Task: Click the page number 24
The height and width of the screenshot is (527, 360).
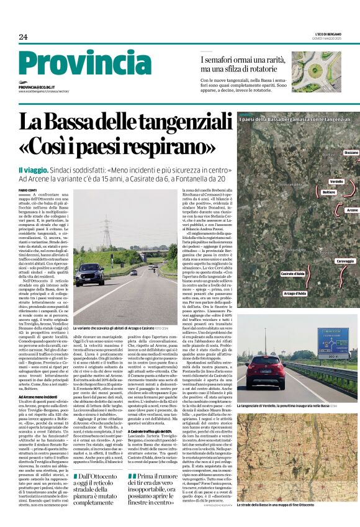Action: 23,37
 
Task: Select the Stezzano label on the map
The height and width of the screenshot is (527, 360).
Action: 351,152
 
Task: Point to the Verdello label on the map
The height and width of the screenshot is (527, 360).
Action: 336,181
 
